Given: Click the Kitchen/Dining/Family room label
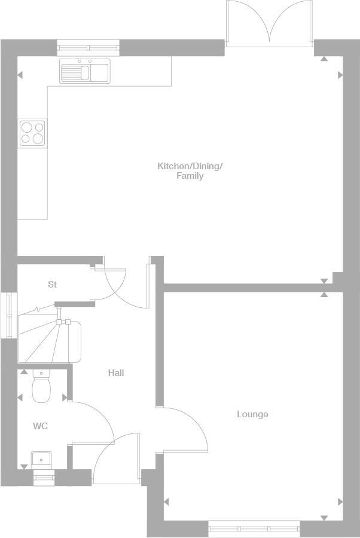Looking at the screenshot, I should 190,170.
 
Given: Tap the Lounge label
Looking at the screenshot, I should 252,414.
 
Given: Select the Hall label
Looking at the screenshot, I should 116,373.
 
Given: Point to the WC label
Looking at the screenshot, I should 40,426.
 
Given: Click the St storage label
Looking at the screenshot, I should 53,285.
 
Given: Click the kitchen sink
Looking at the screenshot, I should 85,71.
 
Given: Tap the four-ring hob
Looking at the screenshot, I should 32,133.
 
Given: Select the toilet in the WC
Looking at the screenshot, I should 41,387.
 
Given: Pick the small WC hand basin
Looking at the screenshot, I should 41,459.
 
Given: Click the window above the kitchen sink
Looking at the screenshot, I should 88,47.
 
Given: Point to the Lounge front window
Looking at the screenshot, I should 254,528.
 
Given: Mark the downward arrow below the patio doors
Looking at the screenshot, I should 324,59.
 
